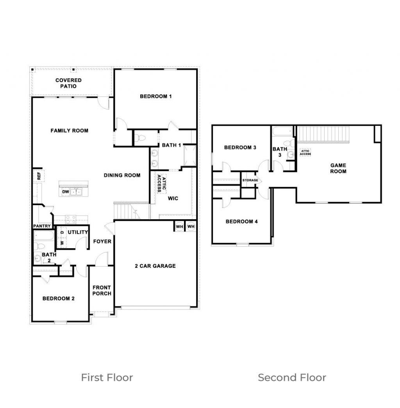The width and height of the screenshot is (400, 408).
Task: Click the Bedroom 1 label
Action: click(x=155, y=96)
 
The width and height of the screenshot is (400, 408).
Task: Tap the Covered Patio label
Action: click(x=68, y=83)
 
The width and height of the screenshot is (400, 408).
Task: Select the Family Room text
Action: click(x=70, y=131)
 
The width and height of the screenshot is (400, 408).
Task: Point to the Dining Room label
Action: click(x=122, y=175)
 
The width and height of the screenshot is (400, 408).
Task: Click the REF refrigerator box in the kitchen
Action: click(x=39, y=176)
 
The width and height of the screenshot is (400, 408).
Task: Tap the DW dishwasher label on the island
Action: click(x=66, y=192)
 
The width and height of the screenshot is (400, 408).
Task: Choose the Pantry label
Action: click(x=42, y=226)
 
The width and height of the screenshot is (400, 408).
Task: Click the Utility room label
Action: click(x=78, y=232)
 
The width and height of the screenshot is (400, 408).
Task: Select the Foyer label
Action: click(x=102, y=242)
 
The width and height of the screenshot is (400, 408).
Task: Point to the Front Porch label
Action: click(x=102, y=290)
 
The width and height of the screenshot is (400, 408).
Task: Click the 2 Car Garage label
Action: click(x=155, y=266)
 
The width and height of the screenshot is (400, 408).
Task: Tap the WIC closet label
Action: click(x=173, y=199)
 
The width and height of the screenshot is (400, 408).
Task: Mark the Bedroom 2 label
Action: click(x=59, y=299)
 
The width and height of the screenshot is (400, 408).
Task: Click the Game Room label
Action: click(x=338, y=168)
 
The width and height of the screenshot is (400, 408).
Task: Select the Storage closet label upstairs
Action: click(x=250, y=180)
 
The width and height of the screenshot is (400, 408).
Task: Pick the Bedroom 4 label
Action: click(x=242, y=222)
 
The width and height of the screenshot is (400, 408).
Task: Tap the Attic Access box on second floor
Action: click(x=305, y=152)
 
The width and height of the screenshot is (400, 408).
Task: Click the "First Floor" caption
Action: click(x=107, y=378)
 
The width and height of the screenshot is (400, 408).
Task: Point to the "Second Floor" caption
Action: click(x=292, y=378)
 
